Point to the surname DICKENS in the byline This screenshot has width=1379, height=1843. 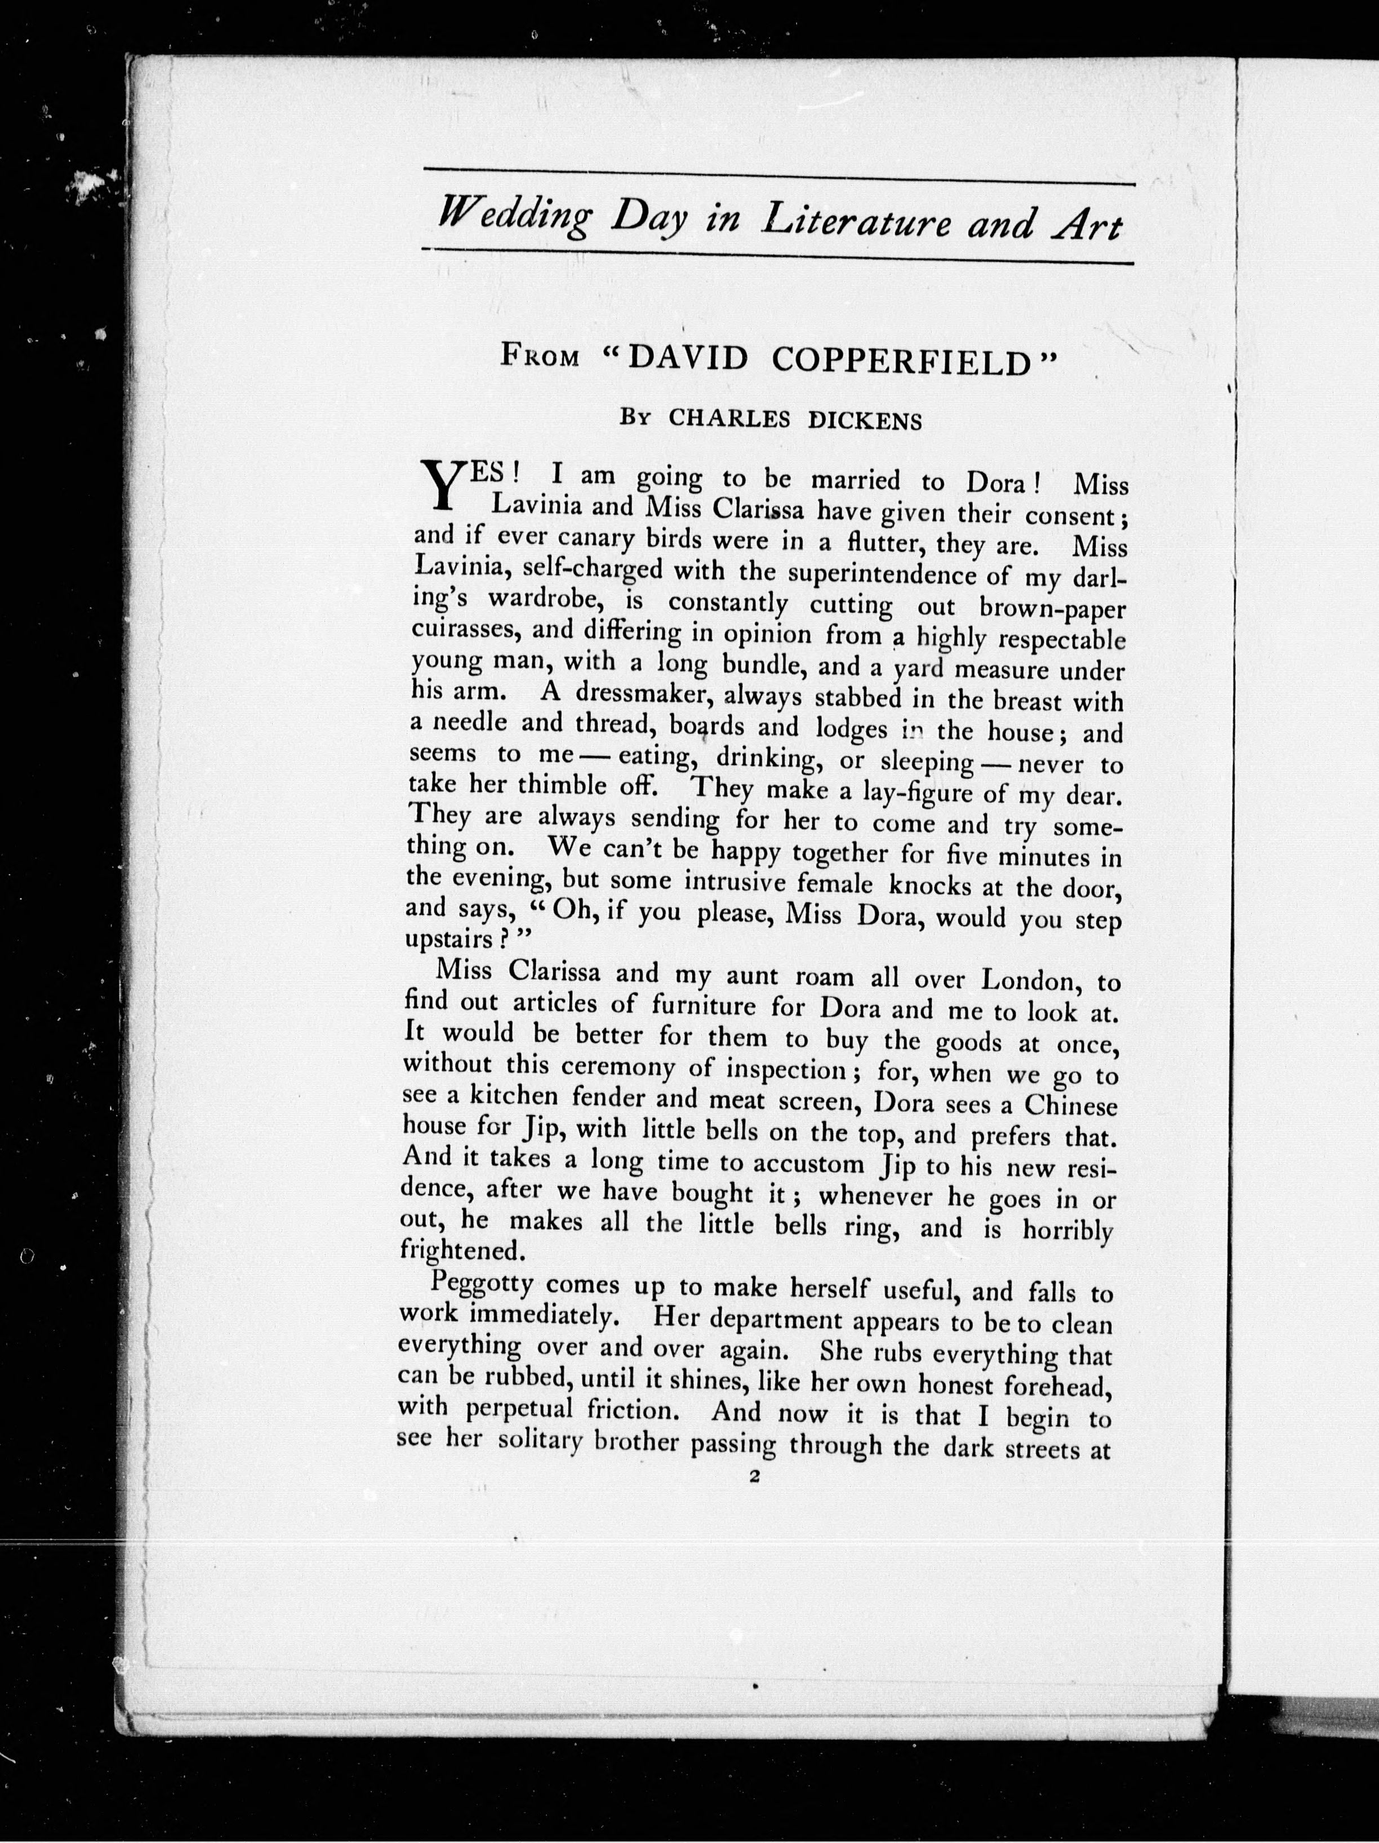click(866, 421)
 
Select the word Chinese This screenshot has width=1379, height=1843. click(1070, 1106)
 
